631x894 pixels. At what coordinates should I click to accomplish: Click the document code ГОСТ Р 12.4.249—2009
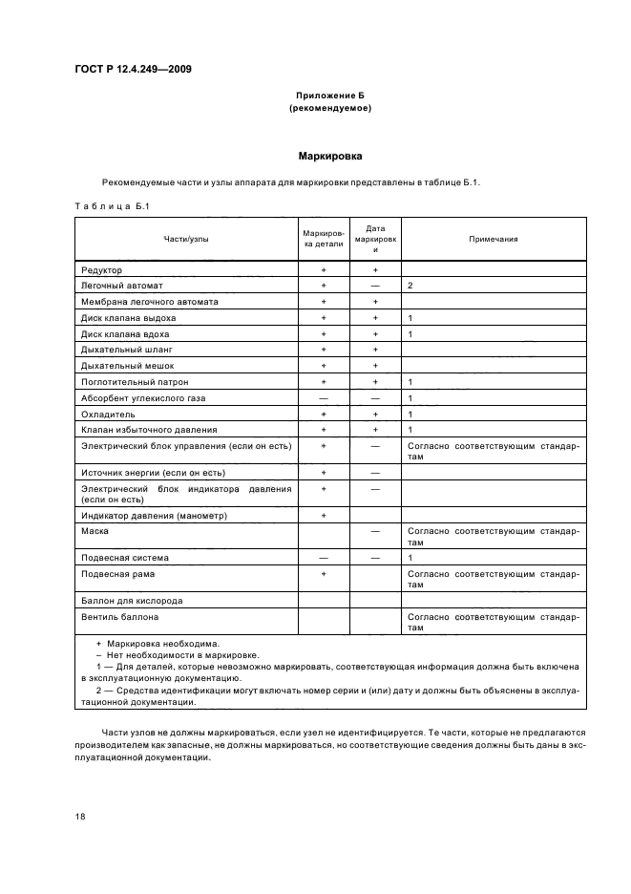pyautogui.click(x=138, y=69)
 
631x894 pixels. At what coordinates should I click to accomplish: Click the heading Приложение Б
pyautogui.click(x=329, y=96)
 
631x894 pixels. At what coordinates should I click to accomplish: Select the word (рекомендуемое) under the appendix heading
pyautogui.click(x=329, y=108)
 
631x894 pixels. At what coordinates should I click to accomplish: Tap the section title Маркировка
pyautogui.click(x=329, y=154)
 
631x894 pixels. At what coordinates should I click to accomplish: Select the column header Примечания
pyautogui.click(x=493, y=239)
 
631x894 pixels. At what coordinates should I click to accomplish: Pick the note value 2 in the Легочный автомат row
pyautogui.click(x=410, y=286)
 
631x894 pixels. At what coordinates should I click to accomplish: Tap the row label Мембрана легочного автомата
pyautogui.click(x=150, y=302)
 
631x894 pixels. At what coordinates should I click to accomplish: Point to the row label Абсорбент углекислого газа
pyautogui.click(x=143, y=397)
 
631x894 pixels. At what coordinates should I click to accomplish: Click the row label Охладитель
pyautogui.click(x=109, y=414)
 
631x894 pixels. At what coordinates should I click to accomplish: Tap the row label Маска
pyautogui.click(x=95, y=530)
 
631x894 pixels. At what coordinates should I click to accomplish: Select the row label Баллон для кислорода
pyautogui.click(x=132, y=601)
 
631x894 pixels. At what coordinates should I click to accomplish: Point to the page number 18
pyautogui.click(x=79, y=817)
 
